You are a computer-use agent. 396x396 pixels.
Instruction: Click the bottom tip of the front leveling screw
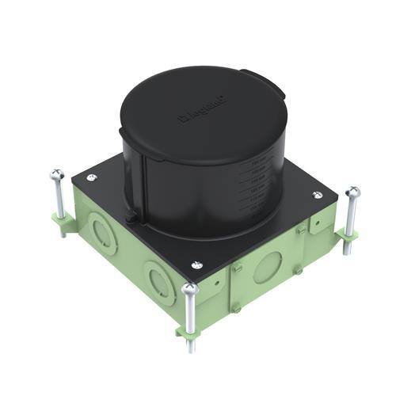(x=189, y=350)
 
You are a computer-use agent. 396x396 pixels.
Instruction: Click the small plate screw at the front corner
(x=196, y=265)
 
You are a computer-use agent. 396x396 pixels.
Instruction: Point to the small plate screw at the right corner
(x=318, y=195)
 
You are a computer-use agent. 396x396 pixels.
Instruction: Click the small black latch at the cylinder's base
(x=130, y=215)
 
